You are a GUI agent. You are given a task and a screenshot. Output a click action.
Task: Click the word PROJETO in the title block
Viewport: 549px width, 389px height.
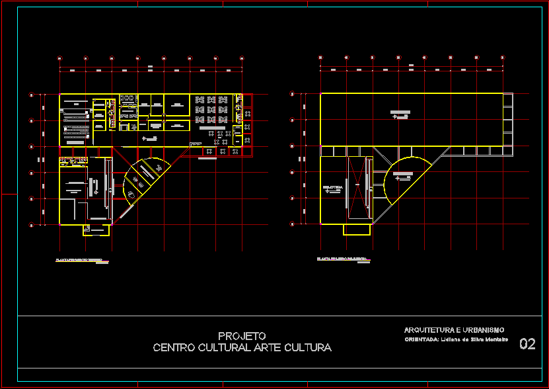coord(242,336)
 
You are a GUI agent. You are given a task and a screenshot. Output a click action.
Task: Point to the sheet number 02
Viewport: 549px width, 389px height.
coord(527,343)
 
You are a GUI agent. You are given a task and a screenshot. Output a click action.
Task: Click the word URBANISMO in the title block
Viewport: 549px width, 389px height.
coord(480,329)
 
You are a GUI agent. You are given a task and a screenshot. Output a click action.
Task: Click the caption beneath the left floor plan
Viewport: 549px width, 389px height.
coord(79,260)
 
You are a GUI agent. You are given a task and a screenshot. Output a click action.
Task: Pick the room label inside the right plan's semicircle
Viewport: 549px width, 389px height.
coord(402,175)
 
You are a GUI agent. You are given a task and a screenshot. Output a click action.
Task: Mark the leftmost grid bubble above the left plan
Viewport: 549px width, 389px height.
coord(60,58)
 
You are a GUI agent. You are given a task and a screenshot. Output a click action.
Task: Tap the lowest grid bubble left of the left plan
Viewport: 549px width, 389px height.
coord(31,225)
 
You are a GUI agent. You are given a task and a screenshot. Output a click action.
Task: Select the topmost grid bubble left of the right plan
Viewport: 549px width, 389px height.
coord(292,94)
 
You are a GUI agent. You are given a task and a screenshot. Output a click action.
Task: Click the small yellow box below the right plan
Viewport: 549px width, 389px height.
coord(357,229)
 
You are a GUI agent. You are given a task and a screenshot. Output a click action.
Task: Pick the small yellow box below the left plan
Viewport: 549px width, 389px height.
coord(96,230)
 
